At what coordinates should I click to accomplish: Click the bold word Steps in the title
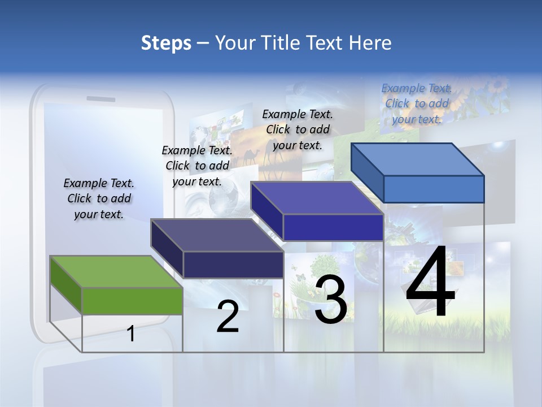pos(166,43)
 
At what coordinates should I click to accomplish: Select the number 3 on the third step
pos(331,300)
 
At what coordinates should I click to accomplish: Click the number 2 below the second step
pos(228,317)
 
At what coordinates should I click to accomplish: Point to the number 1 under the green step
pos(131,334)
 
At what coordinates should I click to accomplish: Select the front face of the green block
pos(132,301)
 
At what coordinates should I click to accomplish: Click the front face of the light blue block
pos(434,189)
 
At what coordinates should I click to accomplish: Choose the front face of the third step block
pos(333,227)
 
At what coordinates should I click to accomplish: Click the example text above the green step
pos(99,198)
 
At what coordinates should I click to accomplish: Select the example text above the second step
pos(197,166)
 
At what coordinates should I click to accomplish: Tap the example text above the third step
pos(298,129)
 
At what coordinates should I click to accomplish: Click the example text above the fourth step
pos(417,103)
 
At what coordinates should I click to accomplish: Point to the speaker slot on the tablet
pos(100,98)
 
